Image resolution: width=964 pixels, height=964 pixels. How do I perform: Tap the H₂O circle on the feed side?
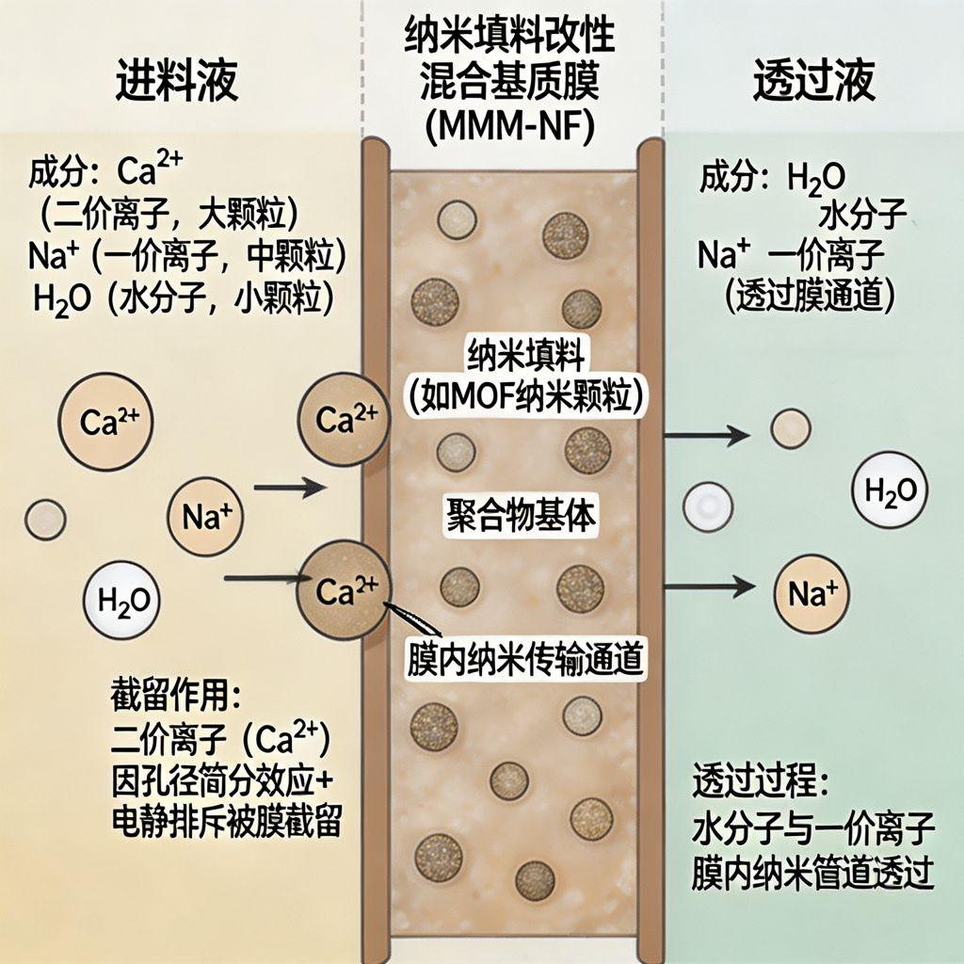click(122, 600)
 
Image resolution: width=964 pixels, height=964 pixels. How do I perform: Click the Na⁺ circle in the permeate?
click(811, 594)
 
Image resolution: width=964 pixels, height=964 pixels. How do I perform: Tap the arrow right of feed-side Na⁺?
click(290, 488)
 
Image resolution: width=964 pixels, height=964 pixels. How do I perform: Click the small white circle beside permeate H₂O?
click(708, 506)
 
